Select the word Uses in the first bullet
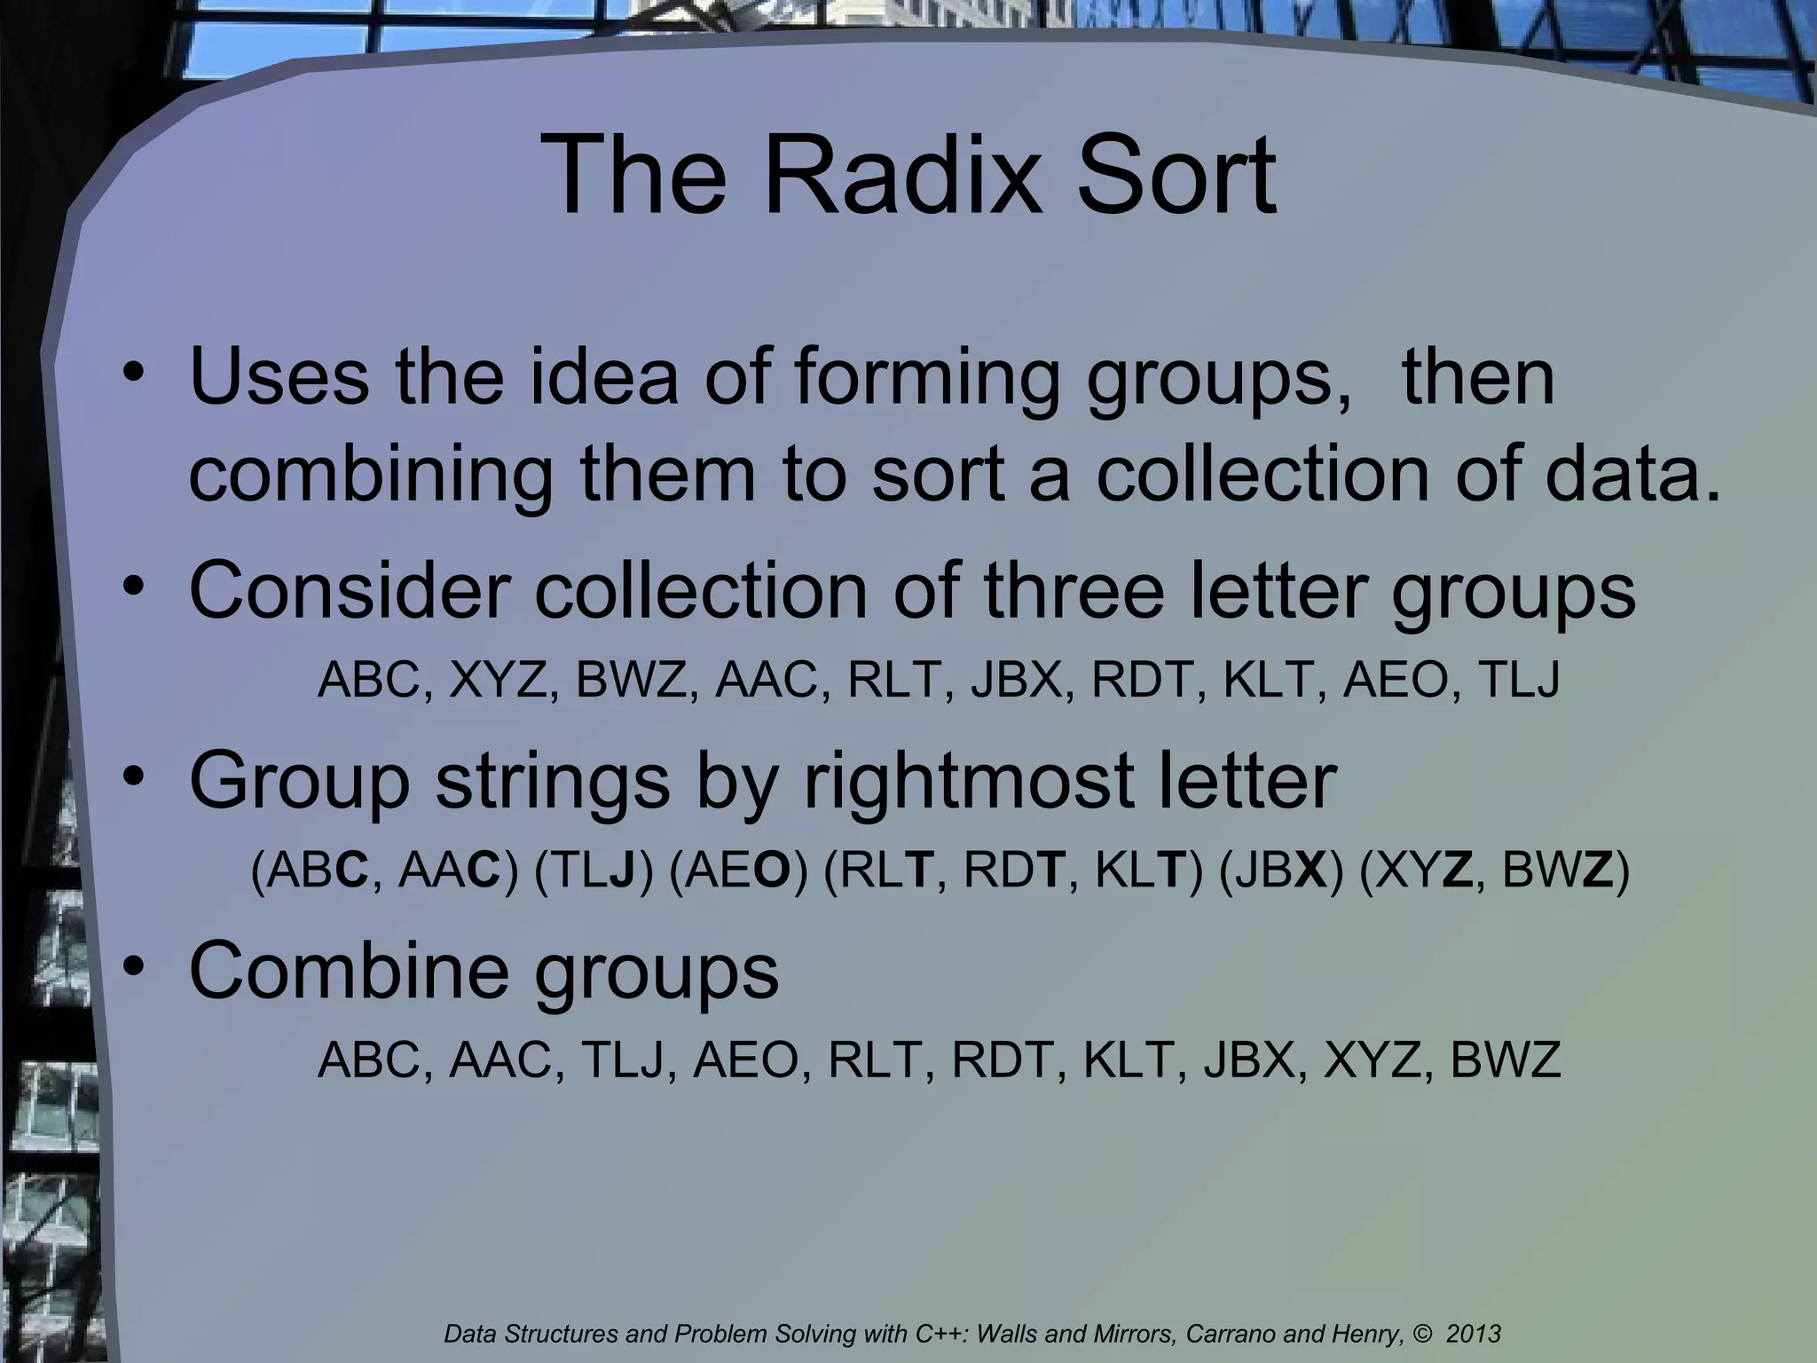(x=279, y=376)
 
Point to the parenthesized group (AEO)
(x=739, y=872)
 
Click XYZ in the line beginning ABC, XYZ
(x=498, y=681)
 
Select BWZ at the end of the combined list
(x=1505, y=1060)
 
